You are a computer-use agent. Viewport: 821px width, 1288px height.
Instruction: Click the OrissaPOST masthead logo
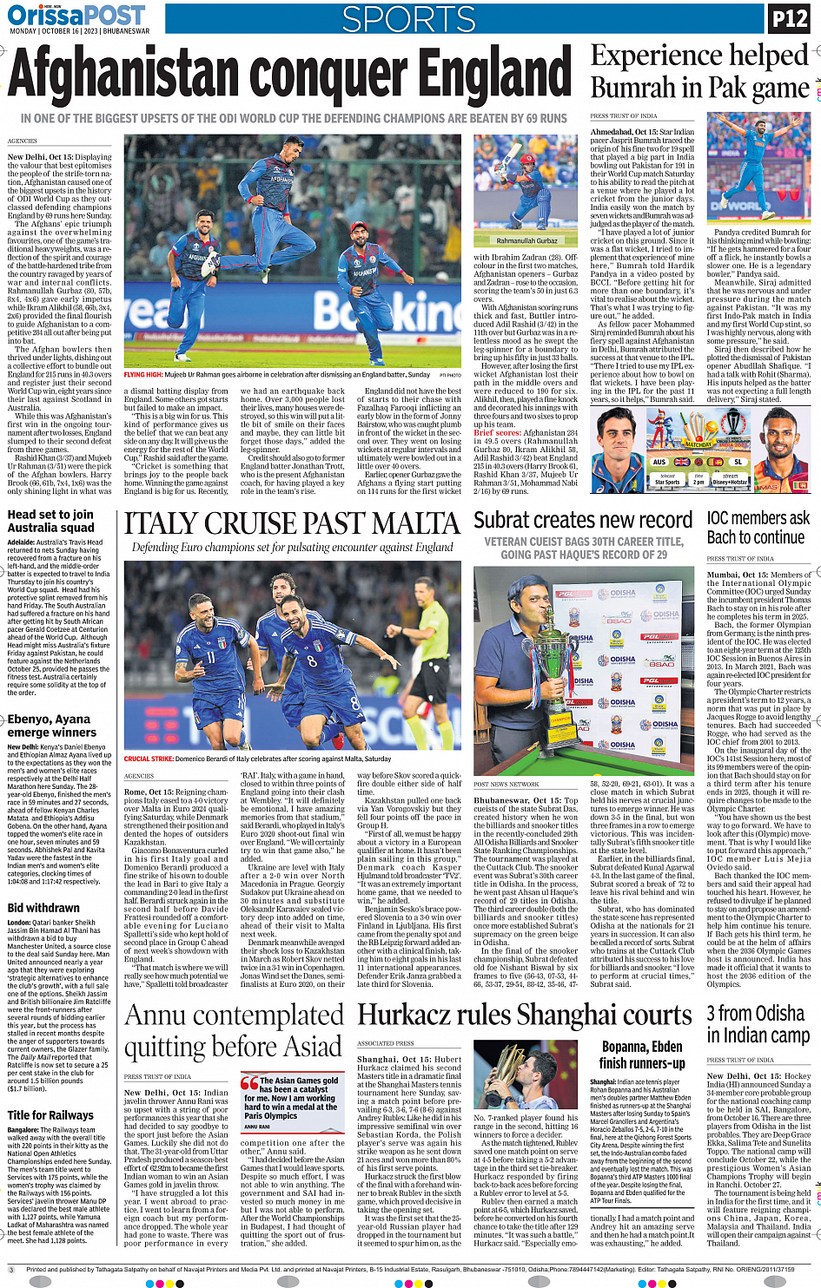[x=76, y=15]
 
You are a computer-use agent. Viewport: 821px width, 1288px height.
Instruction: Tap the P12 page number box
[x=789, y=18]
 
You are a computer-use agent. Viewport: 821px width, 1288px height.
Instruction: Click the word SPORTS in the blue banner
[x=408, y=19]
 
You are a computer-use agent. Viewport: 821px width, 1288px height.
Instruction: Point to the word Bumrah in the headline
[x=633, y=88]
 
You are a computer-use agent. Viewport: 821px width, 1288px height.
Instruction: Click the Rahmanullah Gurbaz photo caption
[x=526, y=240]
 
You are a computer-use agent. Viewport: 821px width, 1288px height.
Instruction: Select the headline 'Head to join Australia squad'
[x=50, y=521]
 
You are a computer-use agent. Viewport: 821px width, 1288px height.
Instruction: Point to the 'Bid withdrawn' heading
[x=43, y=908]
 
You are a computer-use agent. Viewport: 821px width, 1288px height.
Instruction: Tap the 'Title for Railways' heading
[x=50, y=1115]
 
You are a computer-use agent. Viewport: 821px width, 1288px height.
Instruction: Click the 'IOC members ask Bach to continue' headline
[x=758, y=528]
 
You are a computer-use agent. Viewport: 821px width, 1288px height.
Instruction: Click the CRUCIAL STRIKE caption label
[x=149, y=759]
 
